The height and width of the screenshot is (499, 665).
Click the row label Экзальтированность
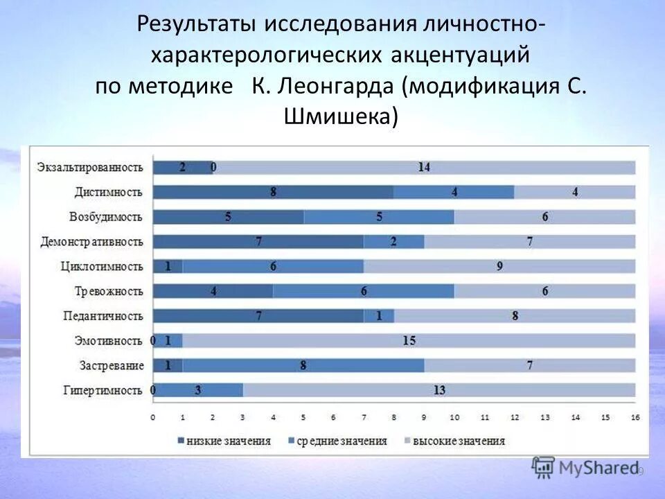(x=90, y=167)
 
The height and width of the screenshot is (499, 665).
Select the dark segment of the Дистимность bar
(x=273, y=192)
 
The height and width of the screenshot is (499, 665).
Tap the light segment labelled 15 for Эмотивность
(x=409, y=340)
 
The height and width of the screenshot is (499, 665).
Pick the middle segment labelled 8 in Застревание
(x=303, y=365)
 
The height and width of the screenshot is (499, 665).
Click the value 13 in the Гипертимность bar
(x=439, y=390)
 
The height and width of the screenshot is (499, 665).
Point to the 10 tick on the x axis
(x=454, y=418)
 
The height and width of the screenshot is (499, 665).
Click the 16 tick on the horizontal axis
(x=635, y=418)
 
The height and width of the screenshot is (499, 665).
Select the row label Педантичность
(x=103, y=316)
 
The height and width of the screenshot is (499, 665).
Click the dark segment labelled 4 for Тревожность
(x=213, y=291)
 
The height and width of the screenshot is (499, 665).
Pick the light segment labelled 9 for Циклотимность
(x=499, y=266)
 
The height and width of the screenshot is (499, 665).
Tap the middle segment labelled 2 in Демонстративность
(x=393, y=241)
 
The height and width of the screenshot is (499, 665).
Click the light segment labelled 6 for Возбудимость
(x=545, y=217)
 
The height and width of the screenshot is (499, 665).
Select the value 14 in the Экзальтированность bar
(x=424, y=167)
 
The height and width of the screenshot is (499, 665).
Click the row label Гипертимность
(x=103, y=390)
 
